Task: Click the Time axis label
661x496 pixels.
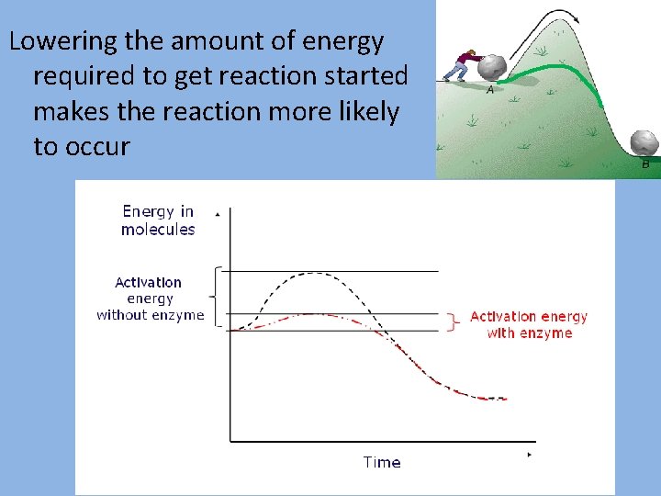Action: [x=381, y=462]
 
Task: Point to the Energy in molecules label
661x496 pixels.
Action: [x=158, y=220]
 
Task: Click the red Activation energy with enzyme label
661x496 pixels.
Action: [x=529, y=324]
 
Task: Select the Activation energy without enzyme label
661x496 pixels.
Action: [x=151, y=299]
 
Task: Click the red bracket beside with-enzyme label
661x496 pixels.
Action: [x=453, y=322]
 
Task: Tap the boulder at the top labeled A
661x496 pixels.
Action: [x=494, y=68]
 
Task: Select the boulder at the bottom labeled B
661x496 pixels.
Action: [x=644, y=142]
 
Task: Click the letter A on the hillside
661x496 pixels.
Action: [x=489, y=91]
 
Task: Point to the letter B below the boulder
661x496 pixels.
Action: [x=645, y=164]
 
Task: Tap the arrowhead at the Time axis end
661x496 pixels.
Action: [x=530, y=455]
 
